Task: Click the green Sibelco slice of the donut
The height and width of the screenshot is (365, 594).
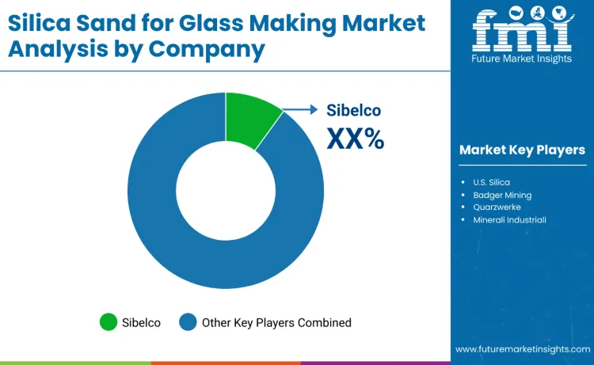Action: point(249,119)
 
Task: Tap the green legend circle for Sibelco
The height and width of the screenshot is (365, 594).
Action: point(108,322)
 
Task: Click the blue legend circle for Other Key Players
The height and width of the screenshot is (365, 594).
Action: point(187,322)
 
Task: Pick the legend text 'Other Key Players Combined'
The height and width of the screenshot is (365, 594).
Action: point(276,322)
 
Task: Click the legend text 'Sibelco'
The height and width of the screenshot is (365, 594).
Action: point(143,322)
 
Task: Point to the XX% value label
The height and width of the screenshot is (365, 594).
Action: point(355,139)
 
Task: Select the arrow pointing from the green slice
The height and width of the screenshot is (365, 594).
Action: point(301,111)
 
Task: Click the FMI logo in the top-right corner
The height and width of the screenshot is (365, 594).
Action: point(521,29)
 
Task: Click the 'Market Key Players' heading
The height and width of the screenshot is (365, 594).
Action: point(522,150)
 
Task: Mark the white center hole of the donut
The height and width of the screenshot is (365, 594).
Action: point(226,190)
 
